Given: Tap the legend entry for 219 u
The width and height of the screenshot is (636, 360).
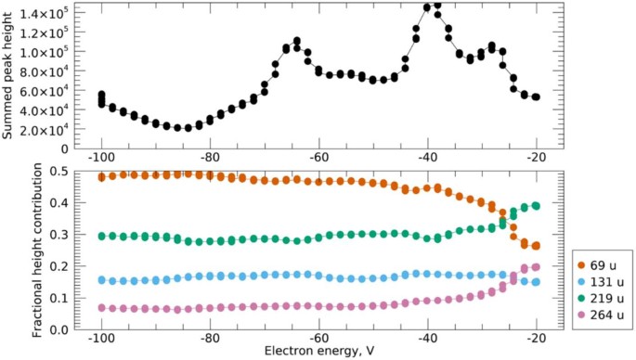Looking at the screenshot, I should (x=601, y=303).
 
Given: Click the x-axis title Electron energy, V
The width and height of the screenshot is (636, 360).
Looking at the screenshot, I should (x=318, y=352).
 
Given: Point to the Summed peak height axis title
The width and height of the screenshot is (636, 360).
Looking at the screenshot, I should (x=8, y=74).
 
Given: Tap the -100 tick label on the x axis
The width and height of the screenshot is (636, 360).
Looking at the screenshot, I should (x=101, y=338).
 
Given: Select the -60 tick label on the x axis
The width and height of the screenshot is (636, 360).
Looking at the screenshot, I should (x=318, y=338).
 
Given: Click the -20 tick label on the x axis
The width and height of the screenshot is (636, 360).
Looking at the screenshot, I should (x=536, y=338).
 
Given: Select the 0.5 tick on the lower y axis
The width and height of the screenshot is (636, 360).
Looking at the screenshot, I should (x=59, y=171).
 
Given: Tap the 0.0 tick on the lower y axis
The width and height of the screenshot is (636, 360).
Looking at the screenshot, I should (x=59, y=328).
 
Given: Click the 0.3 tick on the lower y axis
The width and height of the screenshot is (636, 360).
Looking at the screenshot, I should (x=59, y=234).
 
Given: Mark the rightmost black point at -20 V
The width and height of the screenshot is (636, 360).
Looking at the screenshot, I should (x=536, y=96).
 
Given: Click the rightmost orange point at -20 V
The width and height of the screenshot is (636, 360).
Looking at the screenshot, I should (x=536, y=245).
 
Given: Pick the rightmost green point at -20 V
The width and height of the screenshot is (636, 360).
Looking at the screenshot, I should (x=536, y=206).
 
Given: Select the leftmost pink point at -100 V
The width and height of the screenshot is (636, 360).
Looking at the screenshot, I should (x=101, y=308).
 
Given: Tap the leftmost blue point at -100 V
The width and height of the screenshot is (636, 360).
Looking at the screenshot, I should (x=101, y=279).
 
